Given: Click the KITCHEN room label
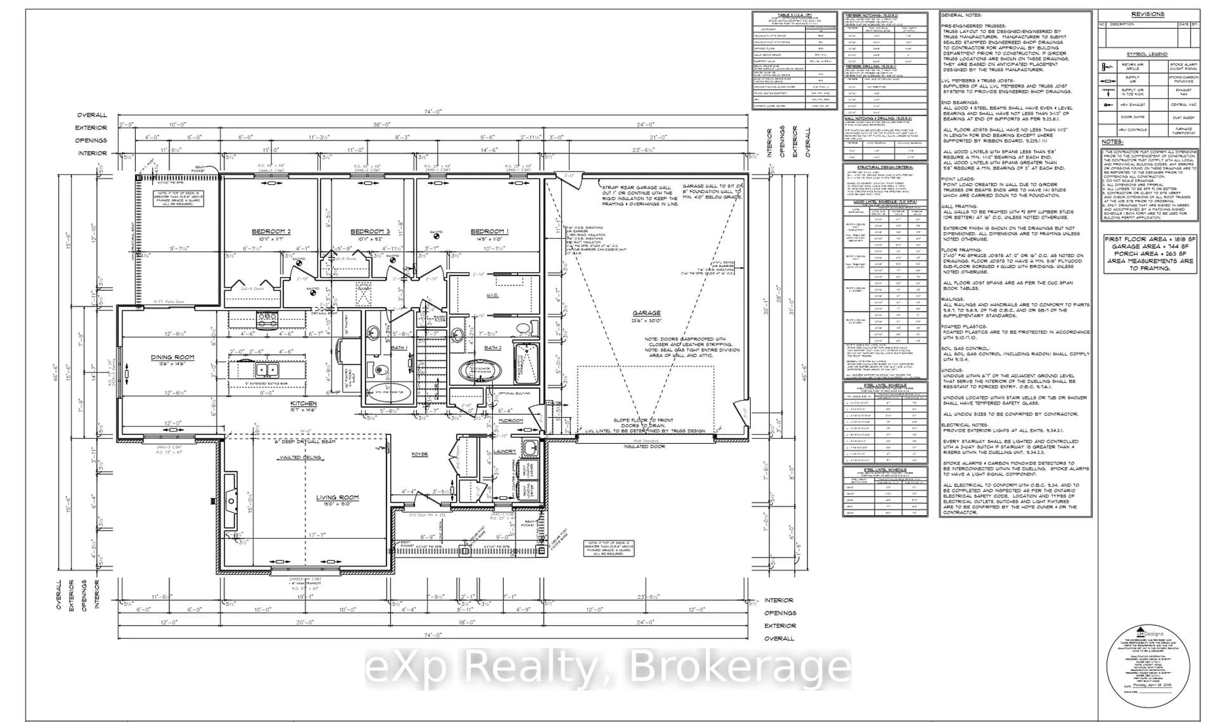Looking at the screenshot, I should point(303,403).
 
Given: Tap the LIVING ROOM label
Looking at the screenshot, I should point(337,497).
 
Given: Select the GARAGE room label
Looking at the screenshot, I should point(646,313).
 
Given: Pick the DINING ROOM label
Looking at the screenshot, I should point(172,357).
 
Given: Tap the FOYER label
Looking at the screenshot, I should point(419,454).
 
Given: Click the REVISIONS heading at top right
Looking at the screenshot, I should point(1147,14).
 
